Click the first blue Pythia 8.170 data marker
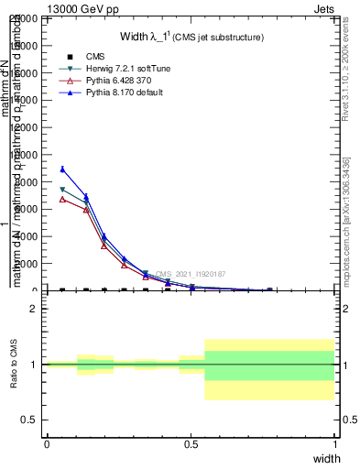[61, 169]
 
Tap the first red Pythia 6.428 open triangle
[61, 199]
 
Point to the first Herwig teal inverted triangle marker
[61, 190]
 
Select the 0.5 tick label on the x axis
[191, 444]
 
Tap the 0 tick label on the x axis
[47, 444]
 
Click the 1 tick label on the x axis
[334, 444]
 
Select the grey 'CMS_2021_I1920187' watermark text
[190, 274]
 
